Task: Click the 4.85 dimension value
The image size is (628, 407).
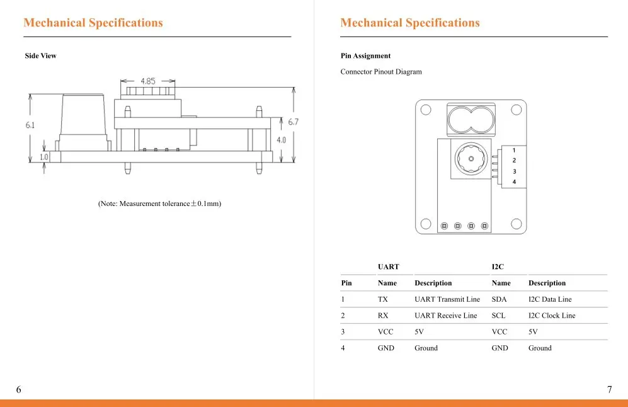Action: (148, 81)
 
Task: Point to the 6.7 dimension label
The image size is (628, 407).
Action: (293, 122)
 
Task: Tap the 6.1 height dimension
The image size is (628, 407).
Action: (30, 125)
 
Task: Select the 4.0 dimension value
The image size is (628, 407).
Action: (281, 140)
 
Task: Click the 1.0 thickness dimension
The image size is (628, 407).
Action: (43, 157)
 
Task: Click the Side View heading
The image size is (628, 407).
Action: (40, 55)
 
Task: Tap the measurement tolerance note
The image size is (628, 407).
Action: (159, 203)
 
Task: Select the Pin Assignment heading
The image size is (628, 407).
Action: (365, 55)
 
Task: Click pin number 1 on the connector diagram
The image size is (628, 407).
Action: (514, 150)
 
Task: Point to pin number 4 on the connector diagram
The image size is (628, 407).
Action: (514, 182)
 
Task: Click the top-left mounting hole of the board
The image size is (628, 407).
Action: (426, 110)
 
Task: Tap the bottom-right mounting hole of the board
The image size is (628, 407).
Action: (517, 224)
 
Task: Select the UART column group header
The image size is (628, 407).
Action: (388, 267)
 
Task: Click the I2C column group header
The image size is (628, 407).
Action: (498, 267)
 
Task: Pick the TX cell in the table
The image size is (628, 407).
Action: (382, 299)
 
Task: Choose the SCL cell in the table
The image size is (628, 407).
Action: (498, 316)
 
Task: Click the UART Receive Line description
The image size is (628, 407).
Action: (446, 316)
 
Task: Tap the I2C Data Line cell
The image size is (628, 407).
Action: (550, 299)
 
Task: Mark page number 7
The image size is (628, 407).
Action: (609, 389)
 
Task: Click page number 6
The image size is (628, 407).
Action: (18, 389)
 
